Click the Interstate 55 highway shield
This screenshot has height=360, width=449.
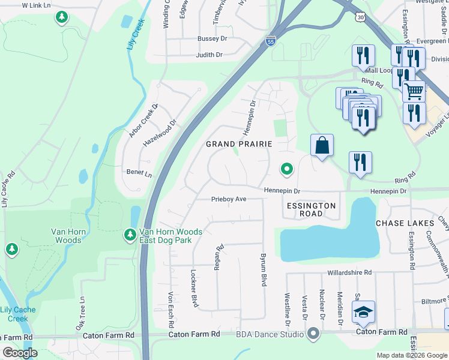[x=270, y=41]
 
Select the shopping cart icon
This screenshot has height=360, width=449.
[x=413, y=91]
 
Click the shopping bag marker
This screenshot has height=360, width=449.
[x=322, y=145]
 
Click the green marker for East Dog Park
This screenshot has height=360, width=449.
[x=130, y=235]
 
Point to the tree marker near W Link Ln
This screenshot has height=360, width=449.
[x=61, y=17]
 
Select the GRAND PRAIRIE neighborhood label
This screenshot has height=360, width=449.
[x=239, y=144]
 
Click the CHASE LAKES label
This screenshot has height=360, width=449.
[x=405, y=223]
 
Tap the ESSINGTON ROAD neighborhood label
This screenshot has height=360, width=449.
[x=311, y=209]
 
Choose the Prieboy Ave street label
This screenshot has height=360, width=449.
[x=229, y=199]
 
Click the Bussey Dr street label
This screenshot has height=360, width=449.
[x=212, y=38]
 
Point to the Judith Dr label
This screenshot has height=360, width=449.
[x=209, y=55]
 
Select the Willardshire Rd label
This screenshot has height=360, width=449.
[x=349, y=272]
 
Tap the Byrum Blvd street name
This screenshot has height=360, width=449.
[x=263, y=269]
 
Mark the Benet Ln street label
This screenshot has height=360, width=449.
[x=139, y=172]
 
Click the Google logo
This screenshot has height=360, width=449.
[x=20, y=353]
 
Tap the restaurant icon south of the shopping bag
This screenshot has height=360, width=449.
[x=360, y=163]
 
